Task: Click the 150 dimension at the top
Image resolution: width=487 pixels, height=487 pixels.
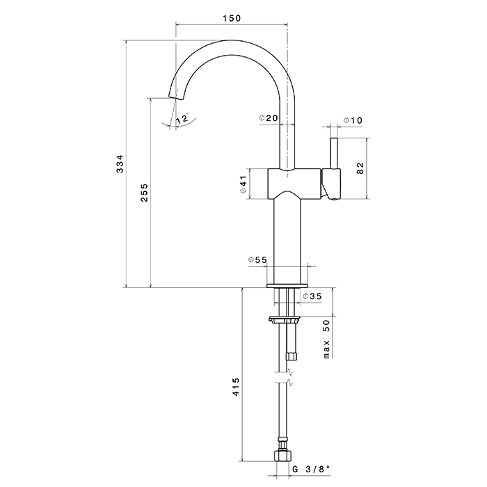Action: click(x=231, y=19)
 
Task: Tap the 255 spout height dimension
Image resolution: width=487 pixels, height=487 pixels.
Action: click(x=144, y=193)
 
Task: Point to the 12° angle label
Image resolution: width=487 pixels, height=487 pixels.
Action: click(x=182, y=120)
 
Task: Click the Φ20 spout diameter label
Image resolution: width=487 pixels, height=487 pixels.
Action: click(x=268, y=119)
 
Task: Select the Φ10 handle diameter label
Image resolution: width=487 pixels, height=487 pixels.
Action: click(x=353, y=121)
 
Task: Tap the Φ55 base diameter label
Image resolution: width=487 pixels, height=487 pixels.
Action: click(x=257, y=260)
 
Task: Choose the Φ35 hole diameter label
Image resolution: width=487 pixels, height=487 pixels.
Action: click(x=312, y=297)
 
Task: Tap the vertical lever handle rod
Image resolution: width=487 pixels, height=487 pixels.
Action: click(x=333, y=153)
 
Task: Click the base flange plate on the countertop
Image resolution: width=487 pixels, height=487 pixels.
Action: click(x=286, y=285)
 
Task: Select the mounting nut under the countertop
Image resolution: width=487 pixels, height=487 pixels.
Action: click(x=285, y=321)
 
